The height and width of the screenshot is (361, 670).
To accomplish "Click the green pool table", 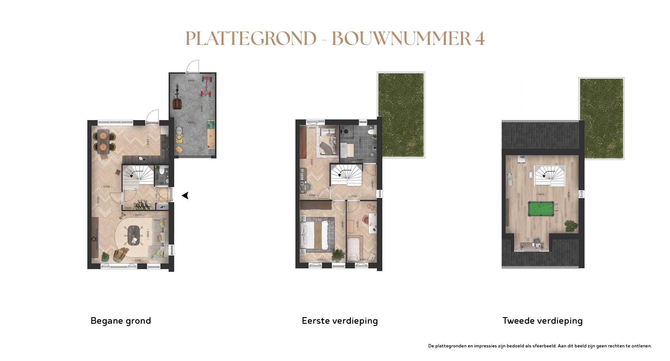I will [541, 209].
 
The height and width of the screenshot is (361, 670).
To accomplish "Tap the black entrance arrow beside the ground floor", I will [185, 196].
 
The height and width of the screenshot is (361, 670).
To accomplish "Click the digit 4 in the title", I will [480, 39].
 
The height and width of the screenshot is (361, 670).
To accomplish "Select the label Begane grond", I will [121, 321].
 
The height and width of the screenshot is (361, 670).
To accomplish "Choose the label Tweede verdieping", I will [542, 321].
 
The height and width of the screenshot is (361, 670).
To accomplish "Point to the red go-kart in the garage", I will [206, 87].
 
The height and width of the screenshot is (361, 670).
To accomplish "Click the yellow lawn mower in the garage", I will [179, 135].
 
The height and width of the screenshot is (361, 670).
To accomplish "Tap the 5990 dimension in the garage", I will [202, 109].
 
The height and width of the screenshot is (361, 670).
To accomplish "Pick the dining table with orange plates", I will [103, 142].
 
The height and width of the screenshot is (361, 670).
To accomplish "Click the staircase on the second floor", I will [549, 176].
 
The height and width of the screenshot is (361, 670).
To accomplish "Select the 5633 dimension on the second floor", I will [541, 194].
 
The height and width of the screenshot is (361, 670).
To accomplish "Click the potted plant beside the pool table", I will [571, 226].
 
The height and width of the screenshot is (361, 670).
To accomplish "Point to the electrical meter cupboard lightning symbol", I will [163, 207].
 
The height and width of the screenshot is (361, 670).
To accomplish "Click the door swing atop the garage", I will [193, 66].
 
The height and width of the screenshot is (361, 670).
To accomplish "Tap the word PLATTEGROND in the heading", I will [251, 39].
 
